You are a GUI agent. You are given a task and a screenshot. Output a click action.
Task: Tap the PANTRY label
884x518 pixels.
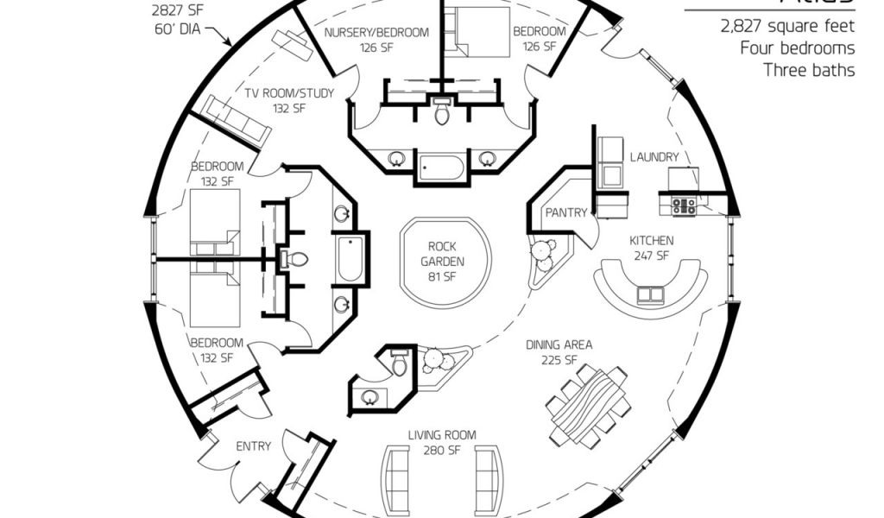click(x=565, y=212)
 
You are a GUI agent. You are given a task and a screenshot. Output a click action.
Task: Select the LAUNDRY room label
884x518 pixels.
click(x=654, y=157)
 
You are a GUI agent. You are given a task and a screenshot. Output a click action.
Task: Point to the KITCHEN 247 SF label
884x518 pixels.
click(x=652, y=248)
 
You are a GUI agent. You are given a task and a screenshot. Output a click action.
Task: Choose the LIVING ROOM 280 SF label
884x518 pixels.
click(x=442, y=442)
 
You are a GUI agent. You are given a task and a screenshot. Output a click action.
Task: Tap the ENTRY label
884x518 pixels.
click(x=253, y=446)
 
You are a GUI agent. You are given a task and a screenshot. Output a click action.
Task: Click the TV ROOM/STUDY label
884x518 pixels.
click(x=288, y=101)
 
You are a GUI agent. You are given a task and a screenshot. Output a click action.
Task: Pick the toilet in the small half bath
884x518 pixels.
click(x=399, y=366)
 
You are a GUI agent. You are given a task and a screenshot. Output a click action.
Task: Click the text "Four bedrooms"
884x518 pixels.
click(x=797, y=48)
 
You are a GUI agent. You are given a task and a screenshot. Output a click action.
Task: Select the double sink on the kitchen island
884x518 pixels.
click(x=649, y=295)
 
